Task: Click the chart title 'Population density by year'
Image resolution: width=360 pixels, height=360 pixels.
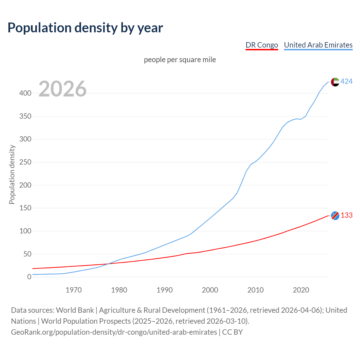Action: (x=85, y=28)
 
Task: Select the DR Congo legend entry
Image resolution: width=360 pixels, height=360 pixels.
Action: (x=262, y=45)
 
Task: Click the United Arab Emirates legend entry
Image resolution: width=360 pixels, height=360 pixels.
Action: (x=318, y=45)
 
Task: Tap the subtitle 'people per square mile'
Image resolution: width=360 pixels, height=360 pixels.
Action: (x=180, y=60)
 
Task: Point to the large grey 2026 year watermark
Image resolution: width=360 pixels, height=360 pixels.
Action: (x=62, y=89)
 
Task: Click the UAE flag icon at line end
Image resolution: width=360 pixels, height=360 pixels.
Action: (x=335, y=82)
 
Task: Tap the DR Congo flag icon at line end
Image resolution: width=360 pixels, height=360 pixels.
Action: (x=335, y=215)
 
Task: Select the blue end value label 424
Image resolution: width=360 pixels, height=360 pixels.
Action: (x=346, y=82)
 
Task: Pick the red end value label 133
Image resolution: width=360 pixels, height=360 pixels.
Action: (x=346, y=215)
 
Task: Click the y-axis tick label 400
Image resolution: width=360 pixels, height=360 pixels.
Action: (x=25, y=93)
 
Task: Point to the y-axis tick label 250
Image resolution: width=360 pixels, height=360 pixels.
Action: (x=25, y=162)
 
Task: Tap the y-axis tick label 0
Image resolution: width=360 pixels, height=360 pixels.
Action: (x=29, y=277)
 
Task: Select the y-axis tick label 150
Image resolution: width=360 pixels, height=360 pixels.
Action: (x=25, y=208)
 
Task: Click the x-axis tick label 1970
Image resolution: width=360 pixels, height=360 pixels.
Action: (x=74, y=290)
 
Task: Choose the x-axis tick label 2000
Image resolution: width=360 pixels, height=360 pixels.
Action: (x=210, y=290)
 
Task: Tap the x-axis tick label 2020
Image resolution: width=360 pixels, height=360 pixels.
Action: (x=301, y=290)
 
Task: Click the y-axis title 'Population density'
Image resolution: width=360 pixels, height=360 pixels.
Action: (x=12, y=174)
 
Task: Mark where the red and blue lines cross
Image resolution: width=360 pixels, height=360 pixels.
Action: (x=108, y=264)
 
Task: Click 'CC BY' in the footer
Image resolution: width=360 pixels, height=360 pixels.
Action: (x=232, y=332)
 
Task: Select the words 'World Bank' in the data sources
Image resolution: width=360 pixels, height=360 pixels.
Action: (x=75, y=310)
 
